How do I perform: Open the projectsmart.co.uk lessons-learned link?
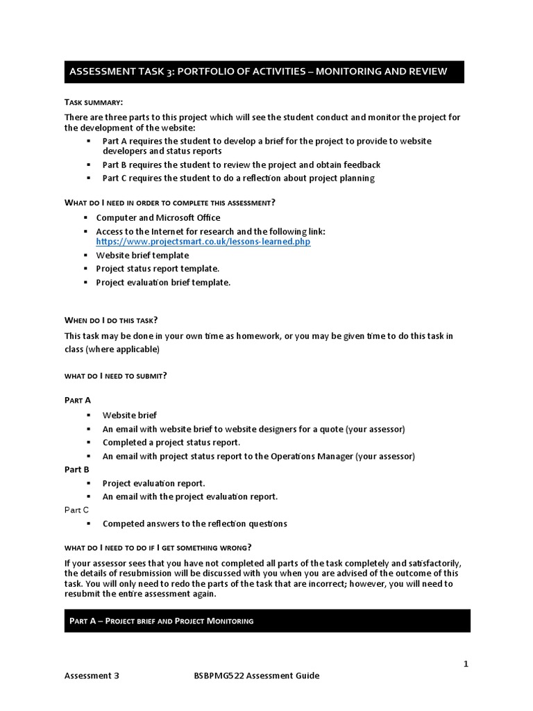pos(203,242)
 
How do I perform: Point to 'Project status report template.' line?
pos(158,269)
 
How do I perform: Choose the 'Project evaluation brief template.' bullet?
pos(163,283)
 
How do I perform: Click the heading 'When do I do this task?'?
pos(111,320)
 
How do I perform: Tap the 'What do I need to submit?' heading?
pos(115,376)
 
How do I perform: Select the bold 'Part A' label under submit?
pos(77,400)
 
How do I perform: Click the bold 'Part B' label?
pos(77,469)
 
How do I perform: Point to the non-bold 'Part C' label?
pos(76,510)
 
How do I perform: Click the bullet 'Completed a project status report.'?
pos(171,442)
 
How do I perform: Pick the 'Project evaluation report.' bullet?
pos(154,483)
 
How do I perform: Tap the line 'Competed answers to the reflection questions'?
pos(194,524)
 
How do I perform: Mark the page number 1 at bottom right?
pos(466,664)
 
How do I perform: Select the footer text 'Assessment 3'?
pos(92,676)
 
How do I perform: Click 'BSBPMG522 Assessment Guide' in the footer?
pos(257,676)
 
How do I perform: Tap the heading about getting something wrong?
pos(158,546)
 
